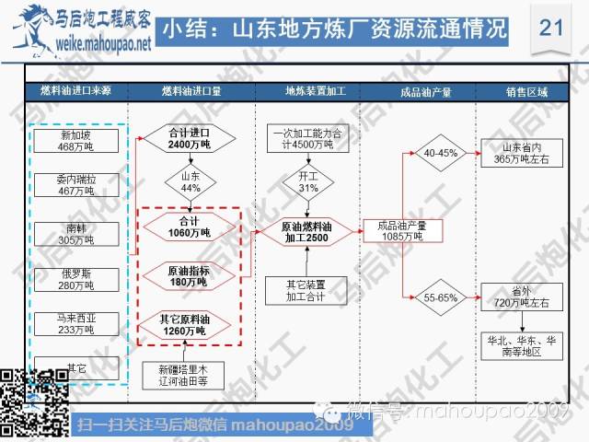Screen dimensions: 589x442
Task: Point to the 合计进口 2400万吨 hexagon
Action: [x=191, y=139]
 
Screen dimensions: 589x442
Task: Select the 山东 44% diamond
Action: [x=191, y=181]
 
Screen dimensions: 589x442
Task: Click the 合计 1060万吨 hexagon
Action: [x=191, y=227]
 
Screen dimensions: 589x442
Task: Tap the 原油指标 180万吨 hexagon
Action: [x=191, y=273]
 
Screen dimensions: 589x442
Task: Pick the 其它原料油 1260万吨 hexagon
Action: [x=191, y=322]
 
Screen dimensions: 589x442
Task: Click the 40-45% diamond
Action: [x=436, y=153]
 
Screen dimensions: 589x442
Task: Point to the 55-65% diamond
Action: [x=436, y=297]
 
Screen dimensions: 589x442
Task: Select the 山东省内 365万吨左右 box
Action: [x=520, y=154]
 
